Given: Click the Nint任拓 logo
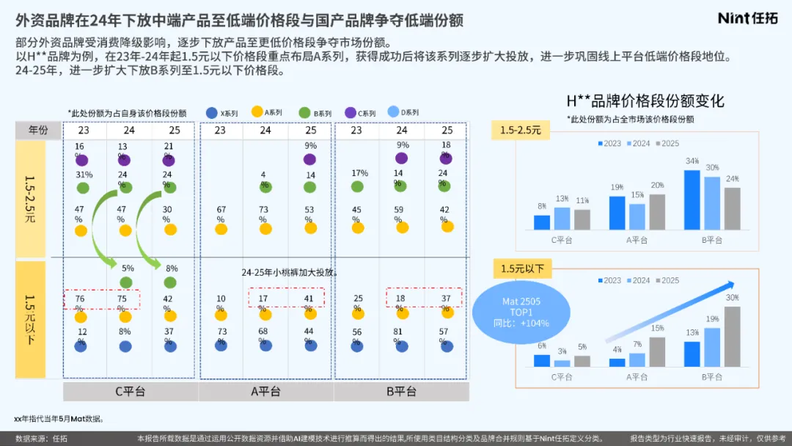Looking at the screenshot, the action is [747, 18].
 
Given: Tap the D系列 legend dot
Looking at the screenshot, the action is [392, 112].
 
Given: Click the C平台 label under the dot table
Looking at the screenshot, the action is [131, 392].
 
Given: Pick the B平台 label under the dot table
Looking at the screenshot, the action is [401, 392].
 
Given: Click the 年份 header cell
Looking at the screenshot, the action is [38, 131].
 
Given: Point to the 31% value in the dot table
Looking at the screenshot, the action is [84, 175].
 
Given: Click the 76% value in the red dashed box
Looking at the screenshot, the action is [80, 299].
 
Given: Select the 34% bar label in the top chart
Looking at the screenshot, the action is [692, 161].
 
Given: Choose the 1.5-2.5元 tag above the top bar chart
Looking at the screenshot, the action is [520, 131].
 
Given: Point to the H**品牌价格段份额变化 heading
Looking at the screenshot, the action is [645, 100].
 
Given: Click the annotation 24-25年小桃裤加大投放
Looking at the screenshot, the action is [290, 272].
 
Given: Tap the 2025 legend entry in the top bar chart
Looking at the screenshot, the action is [666, 144].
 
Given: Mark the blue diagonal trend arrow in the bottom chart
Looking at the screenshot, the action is [670, 312].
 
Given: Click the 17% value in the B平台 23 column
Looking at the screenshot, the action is [359, 174].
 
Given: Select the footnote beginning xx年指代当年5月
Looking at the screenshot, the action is [58, 419].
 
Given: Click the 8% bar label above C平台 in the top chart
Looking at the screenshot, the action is [541, 207].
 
